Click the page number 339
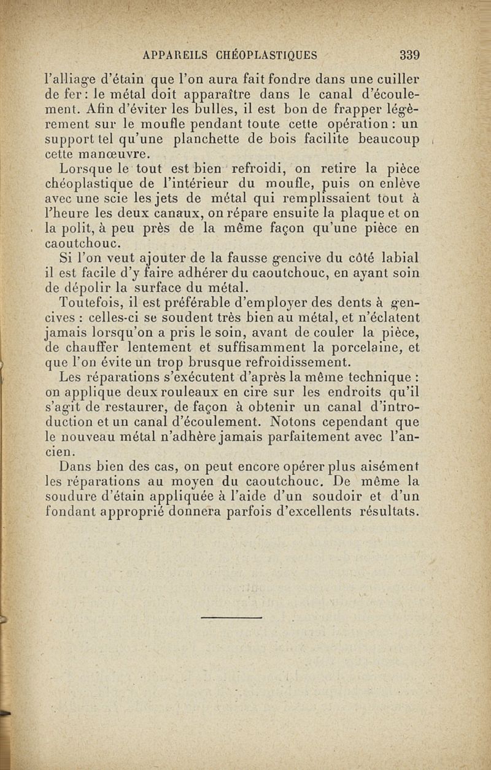409,55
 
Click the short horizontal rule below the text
231,616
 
